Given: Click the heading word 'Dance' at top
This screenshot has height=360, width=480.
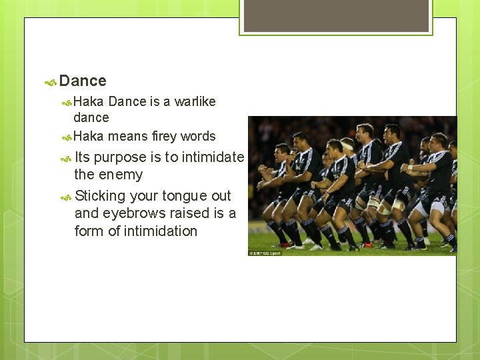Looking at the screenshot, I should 83,81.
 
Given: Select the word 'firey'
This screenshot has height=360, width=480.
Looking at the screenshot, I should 164,136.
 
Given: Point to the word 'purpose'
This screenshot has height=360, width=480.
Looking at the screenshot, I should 121,157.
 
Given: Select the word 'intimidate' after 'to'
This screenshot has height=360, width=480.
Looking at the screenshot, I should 213,157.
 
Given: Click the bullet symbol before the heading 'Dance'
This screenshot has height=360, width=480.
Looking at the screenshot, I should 50,83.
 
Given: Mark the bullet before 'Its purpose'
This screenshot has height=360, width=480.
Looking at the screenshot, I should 66,159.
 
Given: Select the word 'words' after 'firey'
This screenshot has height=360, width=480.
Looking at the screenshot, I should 198,136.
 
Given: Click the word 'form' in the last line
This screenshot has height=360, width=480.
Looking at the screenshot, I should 89,231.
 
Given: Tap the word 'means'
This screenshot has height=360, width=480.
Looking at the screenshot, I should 128,136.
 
